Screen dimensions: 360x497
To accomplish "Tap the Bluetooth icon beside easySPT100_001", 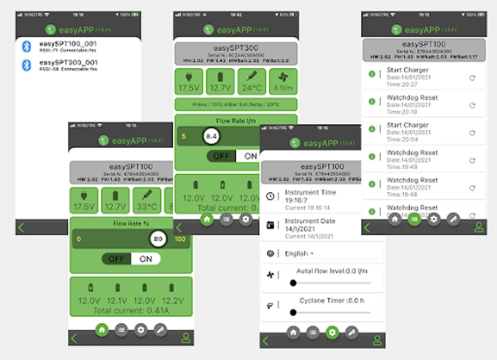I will pos(26,46).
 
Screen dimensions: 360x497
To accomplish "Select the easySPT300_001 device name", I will pos(68,63).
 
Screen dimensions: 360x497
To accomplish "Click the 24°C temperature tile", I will pos(252,81).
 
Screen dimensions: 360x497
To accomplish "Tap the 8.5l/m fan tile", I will pos(283,81).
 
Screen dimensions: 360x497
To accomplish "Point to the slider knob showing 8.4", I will pos(211,137).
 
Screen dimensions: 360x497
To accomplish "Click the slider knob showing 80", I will pos(158,239).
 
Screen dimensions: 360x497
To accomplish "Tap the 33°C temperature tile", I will pos(147,200).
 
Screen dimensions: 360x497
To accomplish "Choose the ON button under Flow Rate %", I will pos(146,259).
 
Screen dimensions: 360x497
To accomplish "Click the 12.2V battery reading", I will pos(172,300).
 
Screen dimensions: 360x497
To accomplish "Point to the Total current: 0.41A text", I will pos(131,310).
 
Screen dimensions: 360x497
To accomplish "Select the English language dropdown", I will pos(299,254).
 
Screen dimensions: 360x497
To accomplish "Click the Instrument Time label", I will pos(310,192).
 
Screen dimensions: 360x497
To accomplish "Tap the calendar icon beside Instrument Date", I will pos(271,225).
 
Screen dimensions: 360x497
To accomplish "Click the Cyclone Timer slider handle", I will pos(293,312).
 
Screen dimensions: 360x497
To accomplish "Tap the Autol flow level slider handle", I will pos(293,283).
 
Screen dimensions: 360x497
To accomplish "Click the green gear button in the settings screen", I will pos(332,332).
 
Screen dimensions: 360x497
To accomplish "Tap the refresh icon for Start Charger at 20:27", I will pos(472,78).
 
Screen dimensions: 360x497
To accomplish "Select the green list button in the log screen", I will pos(414,219).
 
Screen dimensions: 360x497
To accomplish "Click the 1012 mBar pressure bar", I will pos(236,104).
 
